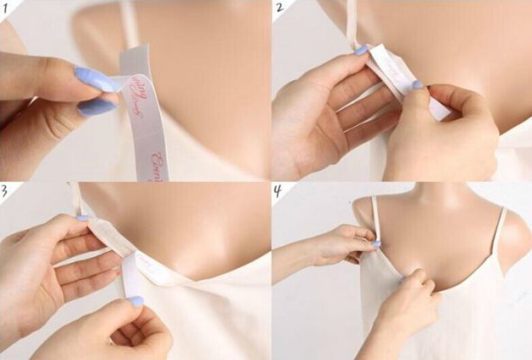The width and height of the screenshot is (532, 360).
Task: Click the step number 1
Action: click(7, 7)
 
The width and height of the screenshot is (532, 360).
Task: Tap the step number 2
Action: click(279, 8)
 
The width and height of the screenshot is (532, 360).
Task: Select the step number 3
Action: click(6, 190)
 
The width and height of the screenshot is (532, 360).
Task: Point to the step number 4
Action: click(279, 191)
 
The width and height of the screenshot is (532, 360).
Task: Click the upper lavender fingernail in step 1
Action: click(95, 79)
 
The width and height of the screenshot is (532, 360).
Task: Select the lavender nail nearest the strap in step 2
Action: click(360, 51)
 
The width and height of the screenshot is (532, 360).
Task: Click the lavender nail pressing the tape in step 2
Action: click(417, 85)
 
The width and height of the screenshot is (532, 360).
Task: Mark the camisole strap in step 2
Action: click(352, 22)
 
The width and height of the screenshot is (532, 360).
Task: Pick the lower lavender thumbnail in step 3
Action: click(135, 301)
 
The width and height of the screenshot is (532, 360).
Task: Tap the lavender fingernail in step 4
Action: click(375, 244)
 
